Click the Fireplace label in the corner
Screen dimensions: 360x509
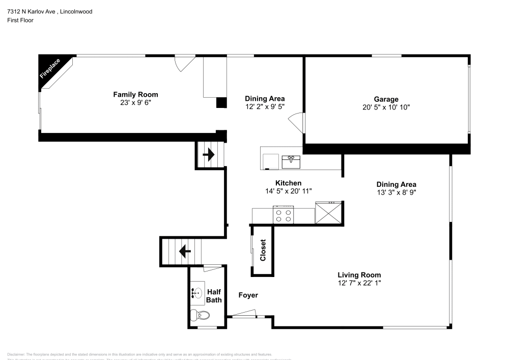pyautogui.click(x=50, y=69)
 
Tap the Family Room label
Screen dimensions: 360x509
pyautogui.click(x=135, y=94)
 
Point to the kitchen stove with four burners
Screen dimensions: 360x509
pyautogui.click(x=284, y=215)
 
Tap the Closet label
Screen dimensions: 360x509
pyautogui.click(x=263, y=250)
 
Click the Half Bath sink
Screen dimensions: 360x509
pyautogui.click(x=196, y=293)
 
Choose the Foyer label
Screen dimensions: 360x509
pyautogui.click(x=248, y=295)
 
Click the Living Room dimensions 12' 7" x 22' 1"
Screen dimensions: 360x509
pyautogui.click(x=359, y=283)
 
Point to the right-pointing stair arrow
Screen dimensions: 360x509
pyautogui.click(x=209, y=154)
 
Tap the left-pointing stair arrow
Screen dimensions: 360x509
pyautogui.click(x=184, y=251)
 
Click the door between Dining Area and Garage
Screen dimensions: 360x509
pyautogui.click(x=296, y=123)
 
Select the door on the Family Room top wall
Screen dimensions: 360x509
pyautogui.click(x=184, y=63)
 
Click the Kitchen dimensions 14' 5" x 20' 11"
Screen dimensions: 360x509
pyautogui.click(x=288, y=191)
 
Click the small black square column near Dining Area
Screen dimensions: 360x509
pyautogui.click(x=221, y=102)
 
